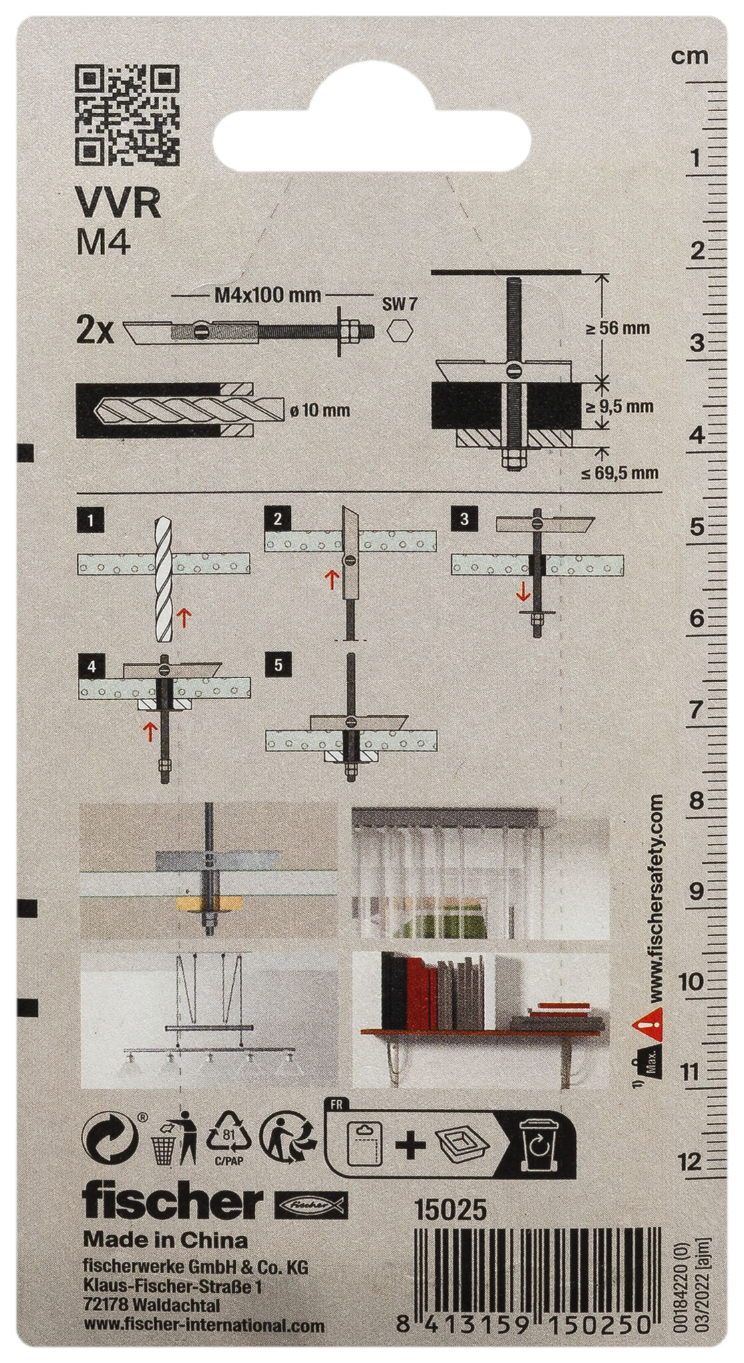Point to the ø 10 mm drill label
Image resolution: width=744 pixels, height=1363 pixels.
[x=321, y=411]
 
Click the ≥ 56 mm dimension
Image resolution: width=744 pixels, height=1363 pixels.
[x=623, y=328]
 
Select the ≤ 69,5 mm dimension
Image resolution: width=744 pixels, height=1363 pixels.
[x=619, y=473]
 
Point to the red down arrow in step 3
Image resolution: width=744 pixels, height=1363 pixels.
[x=524, y=590]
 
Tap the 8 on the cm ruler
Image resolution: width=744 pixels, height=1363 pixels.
[x=696, y=801]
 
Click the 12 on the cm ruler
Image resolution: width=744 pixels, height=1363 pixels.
[x=692, y=1162]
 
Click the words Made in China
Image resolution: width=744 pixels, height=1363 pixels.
[x=164, y=1240]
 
